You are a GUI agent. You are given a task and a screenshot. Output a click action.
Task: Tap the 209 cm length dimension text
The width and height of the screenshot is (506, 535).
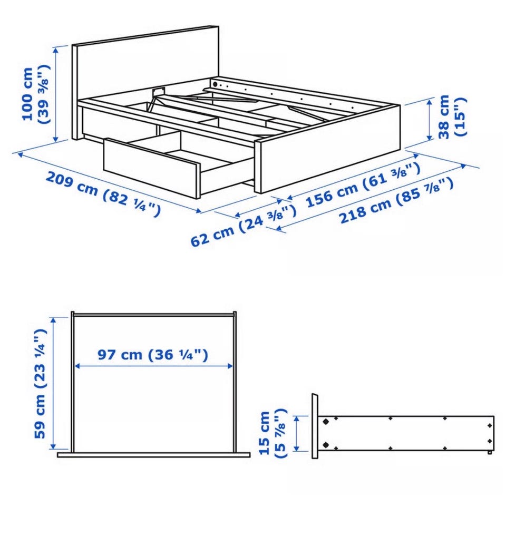click(103, 194)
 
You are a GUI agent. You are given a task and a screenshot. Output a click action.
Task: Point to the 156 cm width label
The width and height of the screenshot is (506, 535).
click(363, 184)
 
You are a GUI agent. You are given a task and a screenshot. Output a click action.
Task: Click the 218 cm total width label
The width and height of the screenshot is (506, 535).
click(396, 200)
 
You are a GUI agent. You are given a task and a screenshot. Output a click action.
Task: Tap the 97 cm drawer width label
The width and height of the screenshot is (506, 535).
click(152, 355)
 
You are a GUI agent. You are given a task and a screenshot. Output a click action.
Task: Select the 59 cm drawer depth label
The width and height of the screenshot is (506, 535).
click(40, 384)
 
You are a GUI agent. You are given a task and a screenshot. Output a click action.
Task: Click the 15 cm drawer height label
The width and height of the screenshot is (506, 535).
click(274, 433)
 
